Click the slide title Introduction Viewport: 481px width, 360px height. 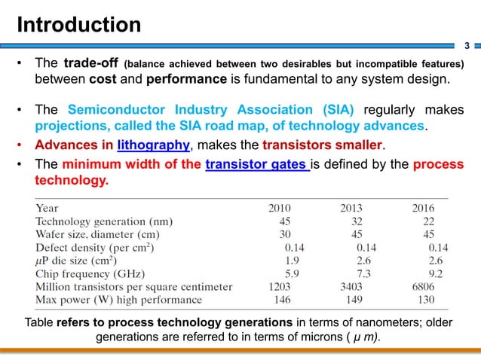click(79, 25)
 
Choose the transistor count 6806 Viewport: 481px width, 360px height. click(428, 286)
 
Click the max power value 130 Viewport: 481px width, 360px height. click(427, 299)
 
